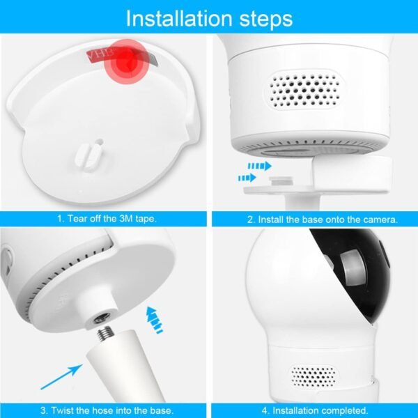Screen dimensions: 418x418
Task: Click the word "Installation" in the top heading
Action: pyautogui.click(x=179, y=18)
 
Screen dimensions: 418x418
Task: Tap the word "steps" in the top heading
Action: pyautogui.click(x=266, y=20)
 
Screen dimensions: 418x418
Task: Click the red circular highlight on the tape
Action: pyautogui.click(x=126, y=61)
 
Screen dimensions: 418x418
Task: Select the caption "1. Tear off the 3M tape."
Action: pyautogui.click(x=107, y=219)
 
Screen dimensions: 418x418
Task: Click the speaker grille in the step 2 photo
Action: pyautogui.click(x=304, y=90)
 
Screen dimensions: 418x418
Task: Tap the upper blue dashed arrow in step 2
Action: pyautogui.click(x=259, y=166)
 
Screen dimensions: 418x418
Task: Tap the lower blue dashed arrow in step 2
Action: pyautogui.click(x=247, y=178)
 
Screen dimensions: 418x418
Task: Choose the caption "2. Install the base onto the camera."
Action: pyautogui.click(x=323, y=219)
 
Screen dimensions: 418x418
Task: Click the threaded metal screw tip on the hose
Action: pyautogui.click(x=104, y=333)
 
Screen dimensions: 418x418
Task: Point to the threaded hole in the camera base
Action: pyautogui.click(x=102, y=318)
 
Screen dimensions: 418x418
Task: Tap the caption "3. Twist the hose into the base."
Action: pyautogui.click(x=107, y=410)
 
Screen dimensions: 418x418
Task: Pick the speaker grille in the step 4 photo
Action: pyautogui.click(x=313, y=377)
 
